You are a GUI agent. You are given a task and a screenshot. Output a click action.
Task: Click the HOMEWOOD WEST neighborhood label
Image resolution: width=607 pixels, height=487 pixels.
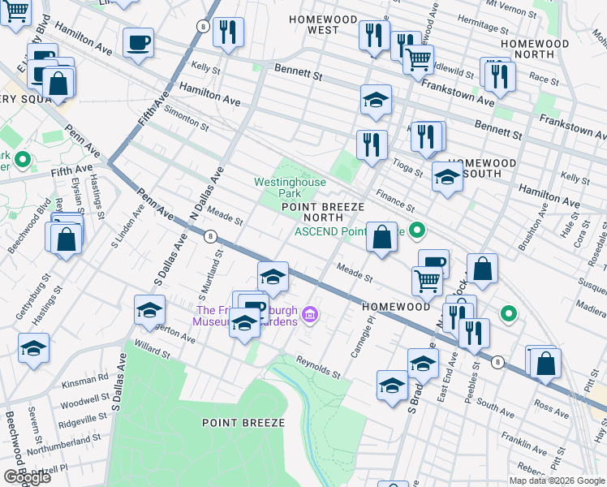point(323,24)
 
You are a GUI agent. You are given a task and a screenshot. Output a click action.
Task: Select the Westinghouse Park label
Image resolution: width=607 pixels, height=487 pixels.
point(289,188)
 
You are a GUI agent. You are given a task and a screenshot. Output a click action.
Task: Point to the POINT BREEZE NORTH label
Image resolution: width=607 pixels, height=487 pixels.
point(323,212)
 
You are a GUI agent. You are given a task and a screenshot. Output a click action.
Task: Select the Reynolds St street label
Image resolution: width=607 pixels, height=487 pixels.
point(317,367)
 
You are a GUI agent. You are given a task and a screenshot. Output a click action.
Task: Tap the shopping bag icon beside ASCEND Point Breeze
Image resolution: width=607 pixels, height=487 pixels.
point(381,238)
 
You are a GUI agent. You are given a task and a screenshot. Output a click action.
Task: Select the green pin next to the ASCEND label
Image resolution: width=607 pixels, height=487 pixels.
point(417,231)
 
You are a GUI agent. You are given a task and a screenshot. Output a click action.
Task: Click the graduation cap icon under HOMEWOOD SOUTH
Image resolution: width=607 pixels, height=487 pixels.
point(446,179)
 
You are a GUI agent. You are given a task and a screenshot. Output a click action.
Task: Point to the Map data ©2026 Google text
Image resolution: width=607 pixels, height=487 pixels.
point(557,481)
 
